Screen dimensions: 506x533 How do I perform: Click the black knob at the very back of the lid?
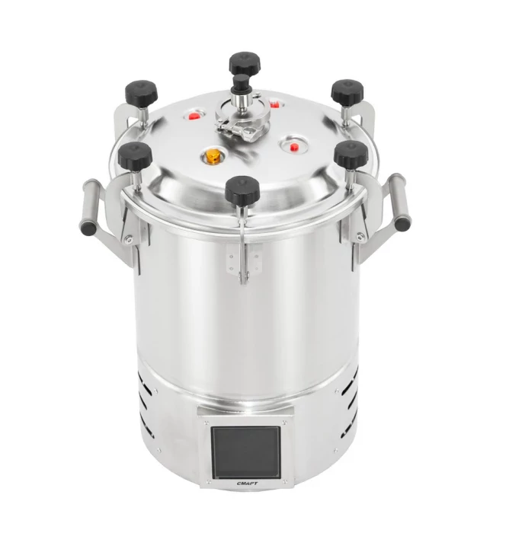(245, 62)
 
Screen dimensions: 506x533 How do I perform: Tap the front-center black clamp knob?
(242, 190)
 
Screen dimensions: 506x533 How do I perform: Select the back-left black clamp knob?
(141, 93)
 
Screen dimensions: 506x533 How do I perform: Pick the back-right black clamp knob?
(347, 92)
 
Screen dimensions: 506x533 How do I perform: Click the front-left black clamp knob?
(135, 156)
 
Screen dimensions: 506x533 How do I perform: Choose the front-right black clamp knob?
(351, 155)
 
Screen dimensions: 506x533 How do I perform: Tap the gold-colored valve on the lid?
(213, 155)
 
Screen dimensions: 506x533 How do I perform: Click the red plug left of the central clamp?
(194, 116)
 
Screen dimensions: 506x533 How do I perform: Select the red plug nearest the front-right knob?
(294, 147)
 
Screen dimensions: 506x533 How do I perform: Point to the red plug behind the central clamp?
(274, 104)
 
